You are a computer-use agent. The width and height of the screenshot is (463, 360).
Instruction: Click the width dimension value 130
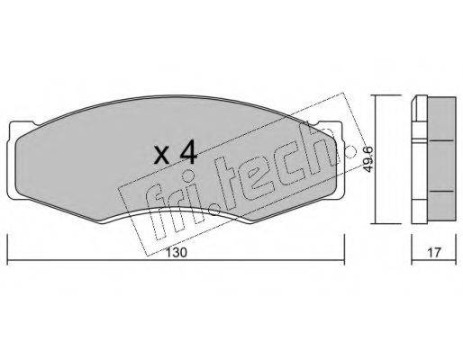177,252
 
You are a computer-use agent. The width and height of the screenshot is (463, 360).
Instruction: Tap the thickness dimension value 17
434,252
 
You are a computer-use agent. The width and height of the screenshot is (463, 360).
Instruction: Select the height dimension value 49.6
368,159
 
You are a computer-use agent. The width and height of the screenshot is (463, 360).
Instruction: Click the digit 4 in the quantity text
188,153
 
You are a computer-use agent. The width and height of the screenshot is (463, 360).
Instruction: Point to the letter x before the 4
162,156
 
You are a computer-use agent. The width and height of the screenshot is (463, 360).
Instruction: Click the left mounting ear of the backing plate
12,159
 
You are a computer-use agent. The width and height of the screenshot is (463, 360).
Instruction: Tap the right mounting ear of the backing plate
339,159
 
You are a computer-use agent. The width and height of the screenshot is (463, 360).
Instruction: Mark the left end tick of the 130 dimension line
7,249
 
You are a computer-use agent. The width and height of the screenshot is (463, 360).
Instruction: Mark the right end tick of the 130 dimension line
344,249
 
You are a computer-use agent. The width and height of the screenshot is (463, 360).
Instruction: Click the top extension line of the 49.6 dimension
386,94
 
